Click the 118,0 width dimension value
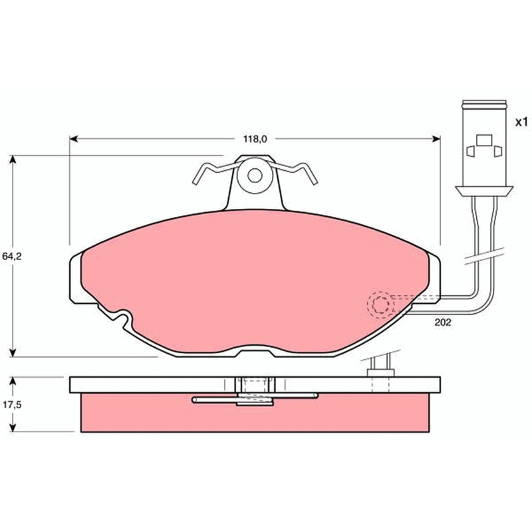click(255, 139)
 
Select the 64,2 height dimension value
click(12, 256)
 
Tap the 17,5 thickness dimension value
click(12, 404)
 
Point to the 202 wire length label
click(443, 323)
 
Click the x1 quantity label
click(521, 122)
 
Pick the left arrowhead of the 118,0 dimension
click(74, 139)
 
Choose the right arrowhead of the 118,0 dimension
click(436, 139)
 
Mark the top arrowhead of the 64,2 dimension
click(13, 160)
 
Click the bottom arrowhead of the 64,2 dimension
click(13, 352)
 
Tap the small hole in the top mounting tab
click(255, 176)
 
